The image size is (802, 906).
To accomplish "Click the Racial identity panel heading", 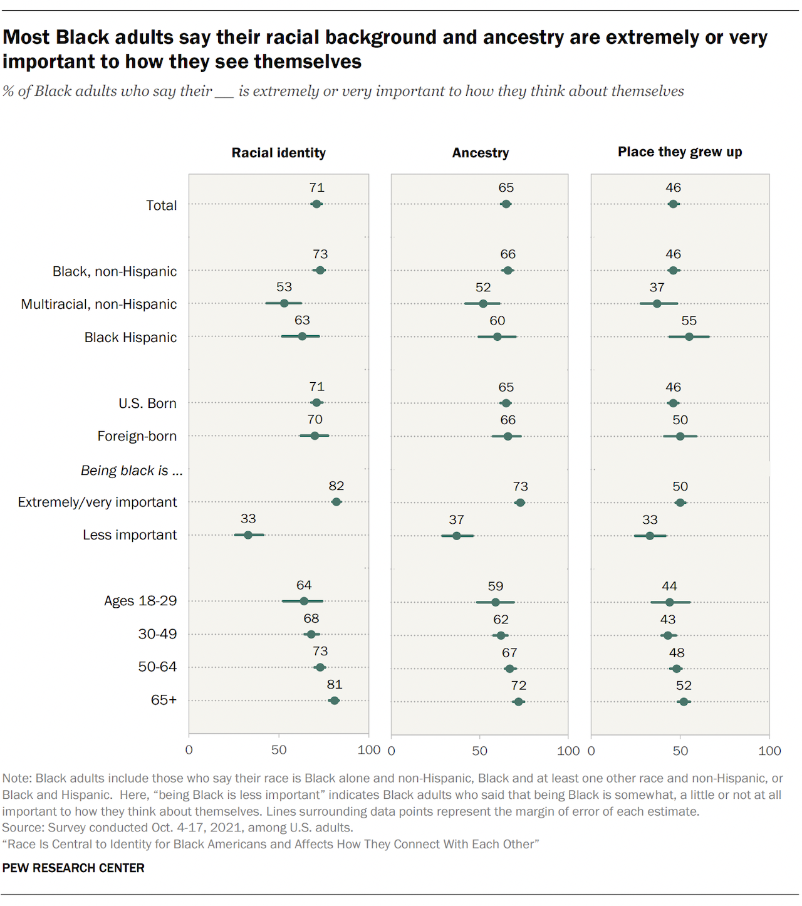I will [278, 153].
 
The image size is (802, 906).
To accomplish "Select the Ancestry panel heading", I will [481, 153].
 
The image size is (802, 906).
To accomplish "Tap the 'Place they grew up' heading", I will [680, 152].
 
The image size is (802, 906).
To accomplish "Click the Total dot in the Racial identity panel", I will [316, 204].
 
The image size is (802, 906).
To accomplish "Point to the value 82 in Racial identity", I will [336, 486].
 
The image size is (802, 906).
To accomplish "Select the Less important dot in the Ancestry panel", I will [456, 536].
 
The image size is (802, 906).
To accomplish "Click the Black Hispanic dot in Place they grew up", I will [689, 337].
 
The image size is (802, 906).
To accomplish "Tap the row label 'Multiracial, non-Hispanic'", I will [99, 305].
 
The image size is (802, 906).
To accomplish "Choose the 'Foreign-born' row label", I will [137, 436].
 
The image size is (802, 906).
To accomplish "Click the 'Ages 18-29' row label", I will [140, 601].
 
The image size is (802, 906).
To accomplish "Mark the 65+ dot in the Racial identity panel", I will [334, 700].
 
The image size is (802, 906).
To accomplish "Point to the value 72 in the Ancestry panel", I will [519, 685].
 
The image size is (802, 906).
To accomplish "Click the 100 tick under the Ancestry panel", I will [568, 751].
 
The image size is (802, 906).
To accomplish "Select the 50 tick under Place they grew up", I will [680, 751].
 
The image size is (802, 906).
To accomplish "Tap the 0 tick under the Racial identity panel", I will [189, 750].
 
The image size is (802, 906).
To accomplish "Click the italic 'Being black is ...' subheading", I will [132, 471].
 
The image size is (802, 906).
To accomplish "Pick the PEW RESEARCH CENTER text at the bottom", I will [73, 868].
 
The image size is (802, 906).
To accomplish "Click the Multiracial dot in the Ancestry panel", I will [483, 304].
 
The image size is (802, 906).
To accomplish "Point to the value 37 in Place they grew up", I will [657, 288].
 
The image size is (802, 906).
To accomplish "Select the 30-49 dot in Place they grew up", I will [668, 635].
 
